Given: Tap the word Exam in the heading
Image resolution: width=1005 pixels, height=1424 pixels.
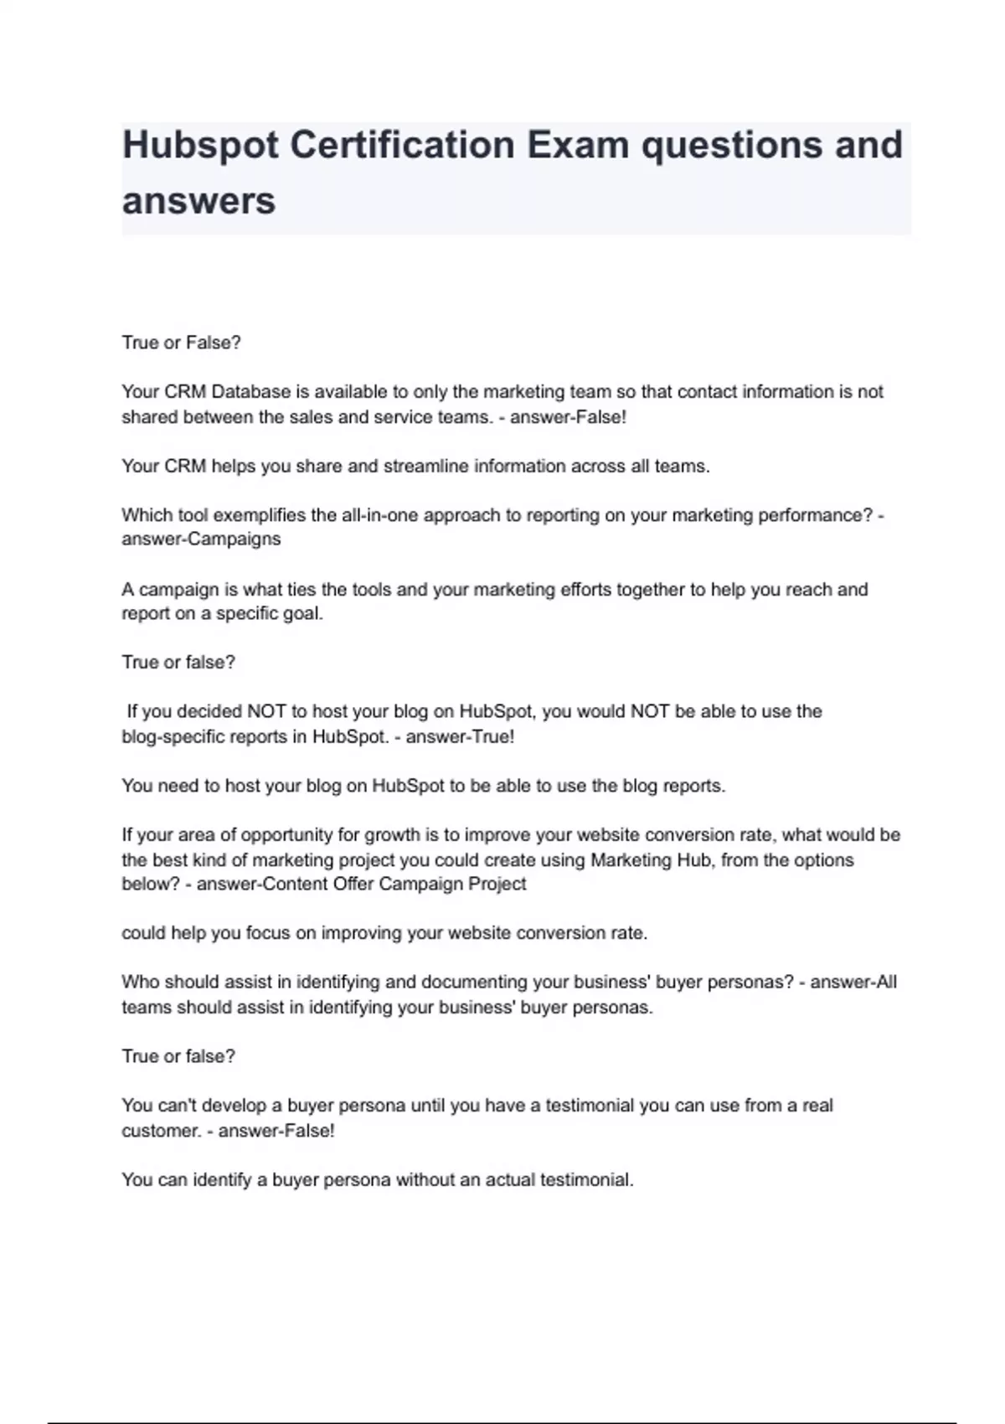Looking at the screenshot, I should tap(578, 145).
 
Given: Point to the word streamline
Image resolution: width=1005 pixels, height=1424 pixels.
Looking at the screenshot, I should tap(426, 467).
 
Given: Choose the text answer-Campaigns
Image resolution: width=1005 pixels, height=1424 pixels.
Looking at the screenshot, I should tap(201, 539).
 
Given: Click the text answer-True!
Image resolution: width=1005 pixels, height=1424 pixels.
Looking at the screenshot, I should tap(461, 737).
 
